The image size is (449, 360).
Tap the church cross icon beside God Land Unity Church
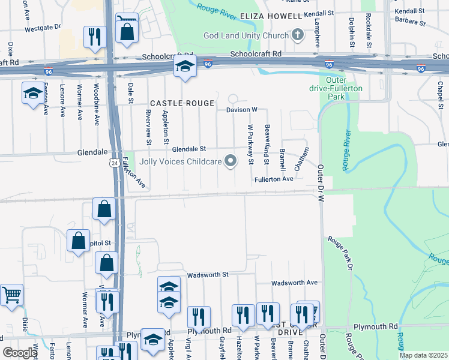pos(297,34)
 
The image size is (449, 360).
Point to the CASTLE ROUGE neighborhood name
pos(182,103)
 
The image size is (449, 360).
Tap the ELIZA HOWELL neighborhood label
pos(270,16)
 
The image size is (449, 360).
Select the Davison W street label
pos(241,110)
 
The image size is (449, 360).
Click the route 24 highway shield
pos(113,163)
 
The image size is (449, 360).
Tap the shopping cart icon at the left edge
pos(11,294)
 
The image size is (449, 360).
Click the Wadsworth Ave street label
pos(294,283)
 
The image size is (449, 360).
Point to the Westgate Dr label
pos(42,27)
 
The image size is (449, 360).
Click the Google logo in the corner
pos(20,353)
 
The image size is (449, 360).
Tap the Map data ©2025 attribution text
pos(423,355)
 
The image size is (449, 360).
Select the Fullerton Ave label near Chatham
pos(273,179)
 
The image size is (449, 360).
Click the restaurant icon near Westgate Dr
pos(95,37)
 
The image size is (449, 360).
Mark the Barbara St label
pos(410,23)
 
